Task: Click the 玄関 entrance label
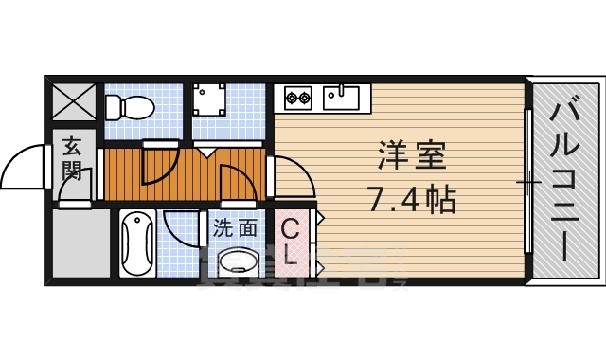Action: pos(73,160)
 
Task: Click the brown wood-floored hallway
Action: pos(189,171)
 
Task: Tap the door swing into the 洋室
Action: pos(294,180)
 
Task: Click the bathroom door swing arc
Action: pos(180,227)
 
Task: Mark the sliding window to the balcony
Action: pos(527,180)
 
